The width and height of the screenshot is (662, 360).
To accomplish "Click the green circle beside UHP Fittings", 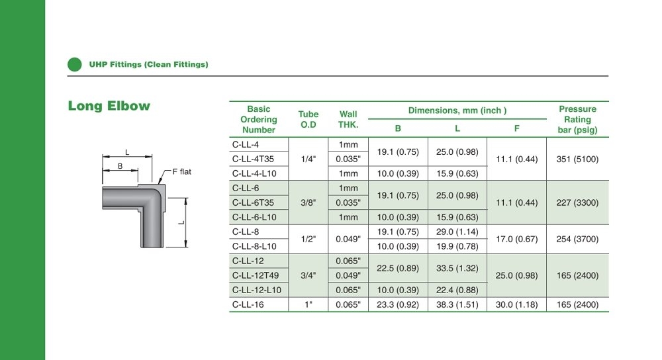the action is (75, 65).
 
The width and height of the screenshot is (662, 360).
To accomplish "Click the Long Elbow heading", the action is (109, 105).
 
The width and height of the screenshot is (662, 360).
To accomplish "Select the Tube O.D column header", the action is (308, 119).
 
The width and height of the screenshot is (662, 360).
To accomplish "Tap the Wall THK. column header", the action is (348, 119).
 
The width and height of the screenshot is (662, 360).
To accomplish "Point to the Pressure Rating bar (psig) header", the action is (577, 119).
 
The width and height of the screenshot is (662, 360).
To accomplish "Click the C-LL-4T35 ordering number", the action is (253, 159).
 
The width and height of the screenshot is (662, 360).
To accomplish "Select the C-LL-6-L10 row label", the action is (254, 217).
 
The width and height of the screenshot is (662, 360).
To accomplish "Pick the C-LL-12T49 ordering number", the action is (256, 275).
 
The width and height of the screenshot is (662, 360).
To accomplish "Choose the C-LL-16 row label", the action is (248, 304).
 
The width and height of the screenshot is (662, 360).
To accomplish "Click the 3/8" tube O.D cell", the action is (308, 202).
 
